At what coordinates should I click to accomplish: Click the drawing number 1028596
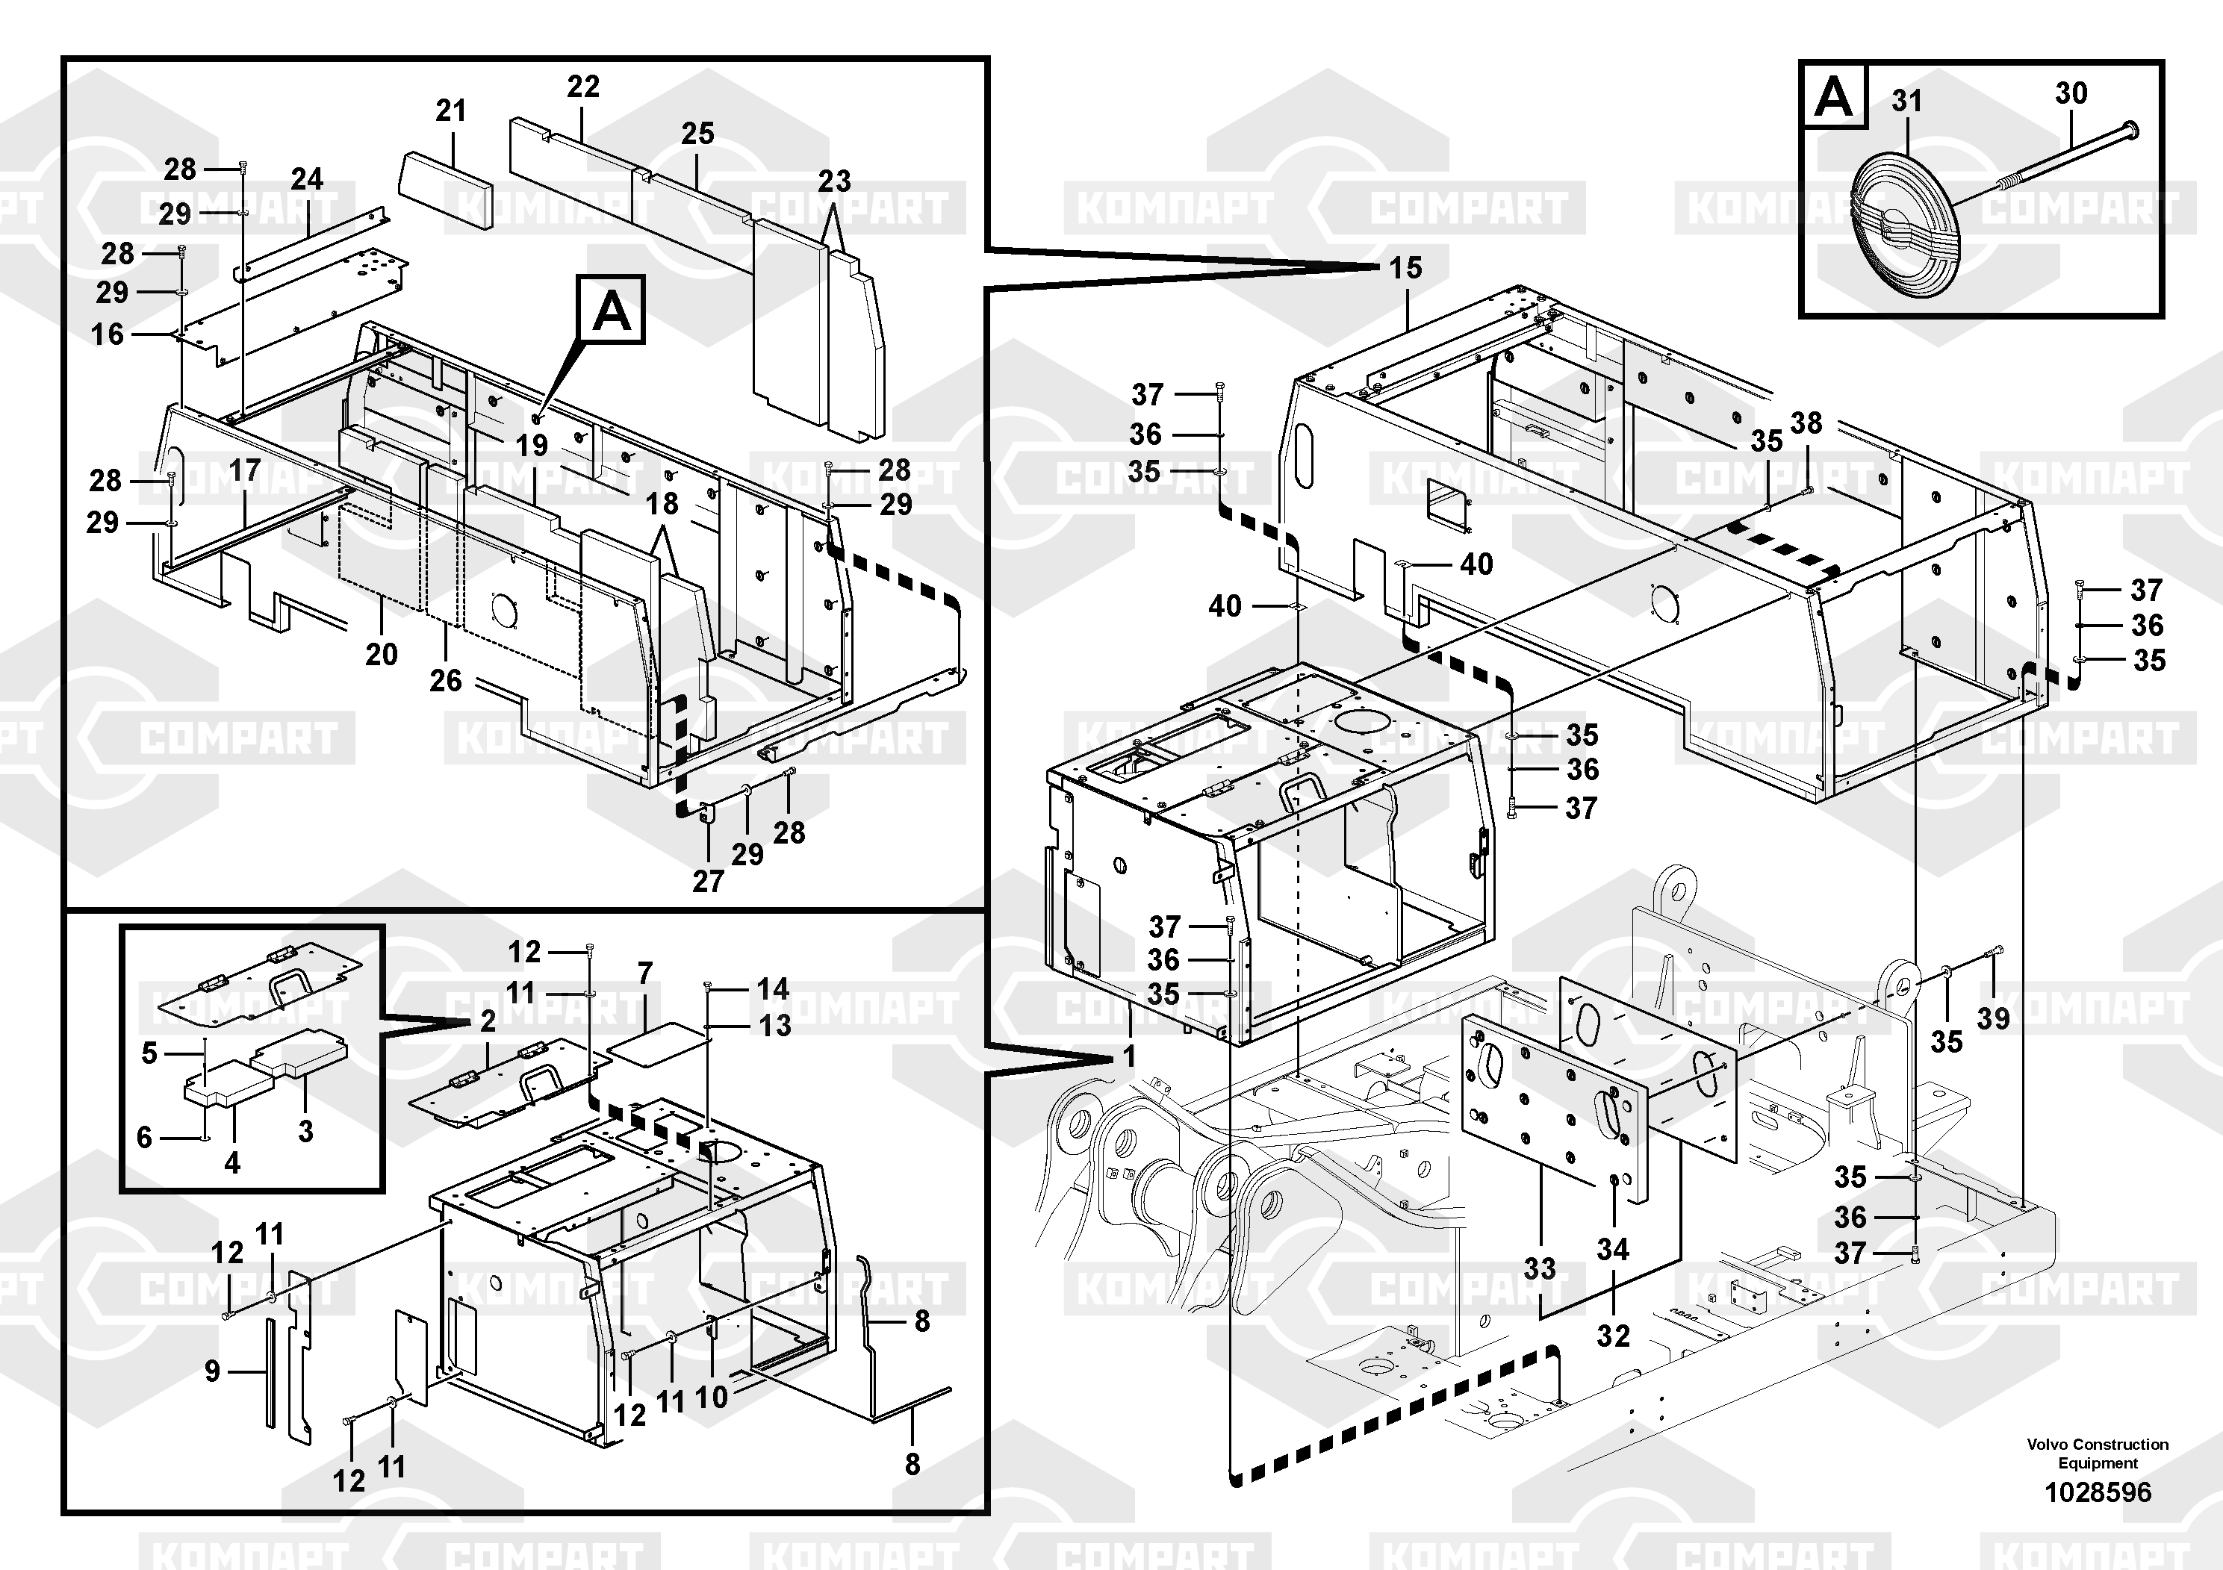coord(2097,1492)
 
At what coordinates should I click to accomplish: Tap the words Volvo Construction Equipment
coord(2097,1454)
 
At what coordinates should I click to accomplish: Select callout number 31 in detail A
coord(1906,101)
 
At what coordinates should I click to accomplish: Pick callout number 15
coord(1406,267)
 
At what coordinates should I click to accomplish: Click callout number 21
coord(451,110)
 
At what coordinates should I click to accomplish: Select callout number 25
coord(697,134)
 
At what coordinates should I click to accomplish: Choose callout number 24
coord(307,178)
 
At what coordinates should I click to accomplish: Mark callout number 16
coord(108,334)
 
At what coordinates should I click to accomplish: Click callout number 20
coord(382,654)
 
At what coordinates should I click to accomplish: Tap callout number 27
coord(708,881)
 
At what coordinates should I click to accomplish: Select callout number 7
coord(646,973)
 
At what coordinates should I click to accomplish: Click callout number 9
coord(212,1371)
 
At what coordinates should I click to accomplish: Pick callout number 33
coord(1540,1268)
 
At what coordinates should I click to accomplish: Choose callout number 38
coord(1806,423)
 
